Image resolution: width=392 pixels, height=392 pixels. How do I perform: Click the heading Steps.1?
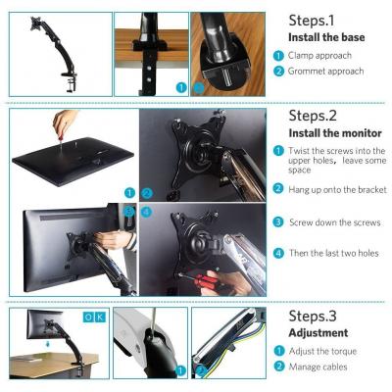pyautogui.click(x=312, y=21)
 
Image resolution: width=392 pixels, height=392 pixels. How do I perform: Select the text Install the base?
pyautogui.click(x=326, y=37)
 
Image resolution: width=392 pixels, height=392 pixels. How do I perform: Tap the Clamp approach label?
pyautogui.click(x=319, y=56)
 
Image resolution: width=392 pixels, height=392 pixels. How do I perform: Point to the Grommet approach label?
pyautogui.click(x=325, y=72)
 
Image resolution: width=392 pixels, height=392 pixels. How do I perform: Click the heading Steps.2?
pyautogui.click(x=313, y=116)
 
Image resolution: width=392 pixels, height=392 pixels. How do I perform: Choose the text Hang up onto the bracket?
pyautogui.click(x=337, y=189)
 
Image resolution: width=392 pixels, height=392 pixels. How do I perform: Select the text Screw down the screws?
pyautogui.click(x=335, y=222)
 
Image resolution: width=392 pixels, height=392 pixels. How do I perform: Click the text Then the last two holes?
pyautogui.click(x=334, y=253)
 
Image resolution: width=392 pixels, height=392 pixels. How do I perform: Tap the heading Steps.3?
pyautogui.click(x=313, y=316)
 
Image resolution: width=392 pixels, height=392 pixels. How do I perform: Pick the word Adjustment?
pyautogui.click(x=318, y=333)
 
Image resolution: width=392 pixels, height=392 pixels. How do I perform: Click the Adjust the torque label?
pyautogui.click(x=322, y=351)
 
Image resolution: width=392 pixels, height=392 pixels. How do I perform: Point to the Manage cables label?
pyautogui.click(x=318, y=367)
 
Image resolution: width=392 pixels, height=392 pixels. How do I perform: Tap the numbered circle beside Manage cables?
pyautogui.click(x=278, y=367)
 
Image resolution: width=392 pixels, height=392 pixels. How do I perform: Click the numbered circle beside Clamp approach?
pyautogui.click(x=278, y=56)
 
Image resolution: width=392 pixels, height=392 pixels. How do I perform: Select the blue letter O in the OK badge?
pyautogui.click(x=88, y=317)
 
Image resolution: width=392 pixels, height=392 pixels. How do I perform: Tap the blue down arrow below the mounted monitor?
pyautogui.click(x=48, y=344)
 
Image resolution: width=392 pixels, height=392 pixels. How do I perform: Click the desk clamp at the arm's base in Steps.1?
pyautogui.click(x=70, y=81)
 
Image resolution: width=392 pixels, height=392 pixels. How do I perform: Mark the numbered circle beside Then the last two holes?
pyautogui.click(x=278, y=253)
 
